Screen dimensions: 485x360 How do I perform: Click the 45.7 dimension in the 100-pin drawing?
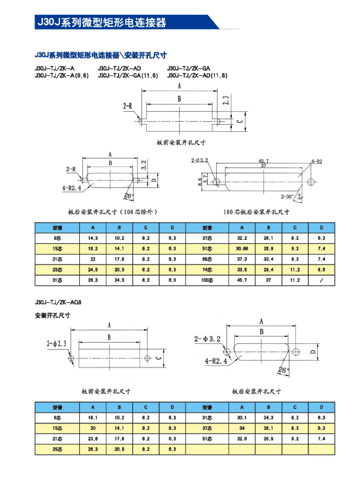[264, 160]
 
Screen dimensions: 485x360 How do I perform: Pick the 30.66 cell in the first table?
[241, 249]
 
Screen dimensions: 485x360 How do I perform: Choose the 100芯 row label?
[206, 280]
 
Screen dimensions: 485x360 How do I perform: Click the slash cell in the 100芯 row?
[321, 280]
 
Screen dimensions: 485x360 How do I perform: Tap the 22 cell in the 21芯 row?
[92, 259]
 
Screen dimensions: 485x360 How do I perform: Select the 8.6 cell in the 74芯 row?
[321, 270]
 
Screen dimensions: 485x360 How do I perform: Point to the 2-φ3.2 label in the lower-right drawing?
[209, 339]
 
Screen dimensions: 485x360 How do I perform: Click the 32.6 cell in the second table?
[241, 438]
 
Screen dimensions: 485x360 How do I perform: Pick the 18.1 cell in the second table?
[92, 417]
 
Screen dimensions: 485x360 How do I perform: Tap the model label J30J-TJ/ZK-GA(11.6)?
[127, 76]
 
